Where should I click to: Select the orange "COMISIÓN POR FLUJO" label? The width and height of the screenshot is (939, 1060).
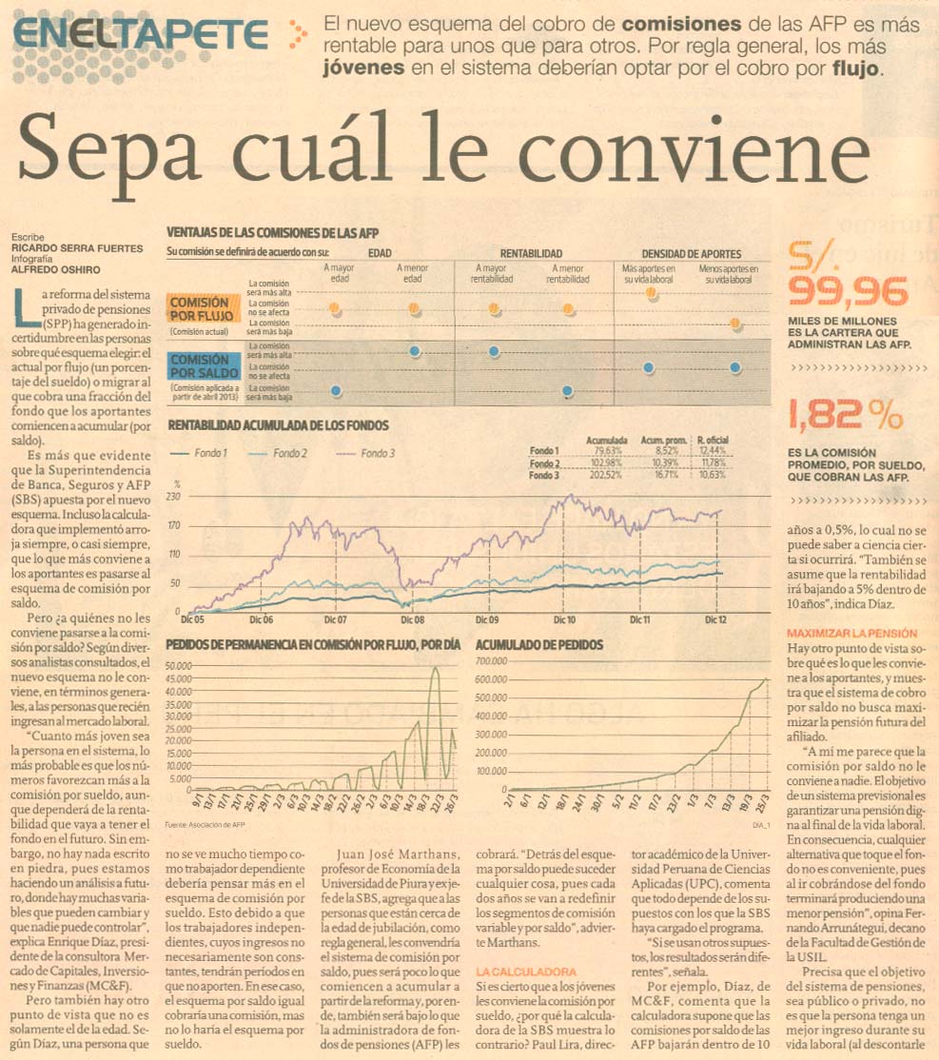(x=200, y=307)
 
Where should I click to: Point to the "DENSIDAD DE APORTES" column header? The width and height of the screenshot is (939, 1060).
(x=691, y=254)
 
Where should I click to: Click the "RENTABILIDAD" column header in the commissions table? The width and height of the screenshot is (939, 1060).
(x=531, y=254)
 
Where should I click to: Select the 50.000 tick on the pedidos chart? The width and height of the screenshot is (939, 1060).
(x=179, y=665)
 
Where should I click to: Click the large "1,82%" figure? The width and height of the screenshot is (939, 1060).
(x=843, y=415)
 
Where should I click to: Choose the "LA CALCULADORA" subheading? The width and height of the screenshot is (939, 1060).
(x=526, y=972)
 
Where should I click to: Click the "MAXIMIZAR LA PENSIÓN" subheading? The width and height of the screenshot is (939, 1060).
(x=852, y=633)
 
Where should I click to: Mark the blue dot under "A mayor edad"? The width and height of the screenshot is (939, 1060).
(x=335, y=390)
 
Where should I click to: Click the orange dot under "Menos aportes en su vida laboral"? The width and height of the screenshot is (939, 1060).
(x=734, y=324)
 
